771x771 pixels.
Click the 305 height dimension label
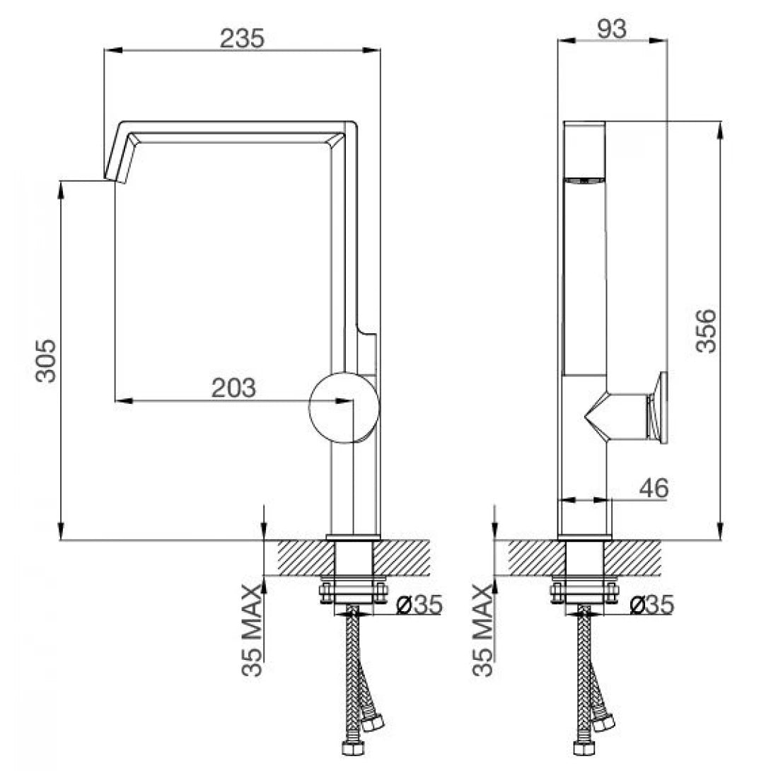click(x=46, y=361)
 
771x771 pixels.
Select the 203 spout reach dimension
click(x=233, y=388)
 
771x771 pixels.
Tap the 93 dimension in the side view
click(x=612, y=28)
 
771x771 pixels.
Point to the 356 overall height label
click(x=706, y=330)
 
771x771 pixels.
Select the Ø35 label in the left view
click(x=419, y=604)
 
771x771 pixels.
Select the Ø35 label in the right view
click(x=650, y=604)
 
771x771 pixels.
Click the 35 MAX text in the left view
click(x=253, y=631)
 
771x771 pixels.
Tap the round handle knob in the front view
click(x=344, y=407)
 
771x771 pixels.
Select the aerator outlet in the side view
click(x=584, y=181)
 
